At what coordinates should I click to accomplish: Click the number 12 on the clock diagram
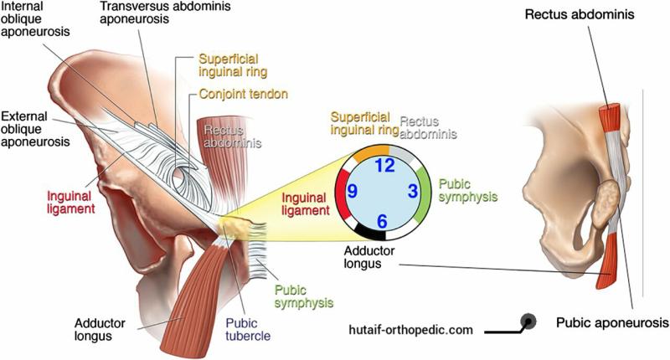tap(384, 165)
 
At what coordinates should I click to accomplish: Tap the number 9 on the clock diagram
tap(352, 191)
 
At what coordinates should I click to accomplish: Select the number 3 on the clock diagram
tap(412, 191)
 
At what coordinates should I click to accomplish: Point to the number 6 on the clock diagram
tap(382, 221)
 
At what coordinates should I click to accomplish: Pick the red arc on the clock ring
tap(341, 190)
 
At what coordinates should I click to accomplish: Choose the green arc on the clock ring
tap(424, 194)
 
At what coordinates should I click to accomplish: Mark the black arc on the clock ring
tap(370, 232)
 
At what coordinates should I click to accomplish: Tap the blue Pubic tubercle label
tap(248, 329)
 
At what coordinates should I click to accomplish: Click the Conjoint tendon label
tap(243, 94)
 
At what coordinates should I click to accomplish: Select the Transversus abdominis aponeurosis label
tap(165, 13)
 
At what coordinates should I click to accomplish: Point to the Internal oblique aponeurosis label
tap(35, 18)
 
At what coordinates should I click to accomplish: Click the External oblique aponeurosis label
tap(35, 129)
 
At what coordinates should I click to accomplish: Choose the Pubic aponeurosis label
tap(612, 323)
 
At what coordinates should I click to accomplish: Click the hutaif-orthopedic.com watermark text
tap(410, 330)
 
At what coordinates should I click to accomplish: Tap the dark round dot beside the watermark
tap(528, 321)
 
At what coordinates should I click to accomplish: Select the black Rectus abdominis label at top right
tap(580, 14)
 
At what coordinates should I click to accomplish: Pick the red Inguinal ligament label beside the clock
tap(306, 204)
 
